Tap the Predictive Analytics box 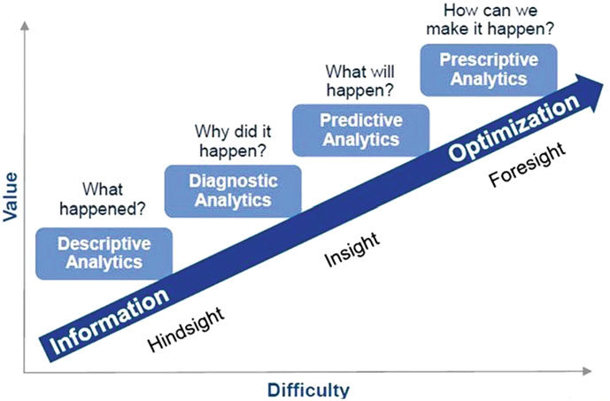pyautogui.click(x=360, y=129)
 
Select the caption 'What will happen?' pyautogui.click(x=359, y=80)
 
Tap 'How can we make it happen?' pyautogui.click(x=488, y=19)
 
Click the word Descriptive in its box pyautogui.click(x=104, y=243)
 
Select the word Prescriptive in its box pyautogui.click(x=488, y=60)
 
